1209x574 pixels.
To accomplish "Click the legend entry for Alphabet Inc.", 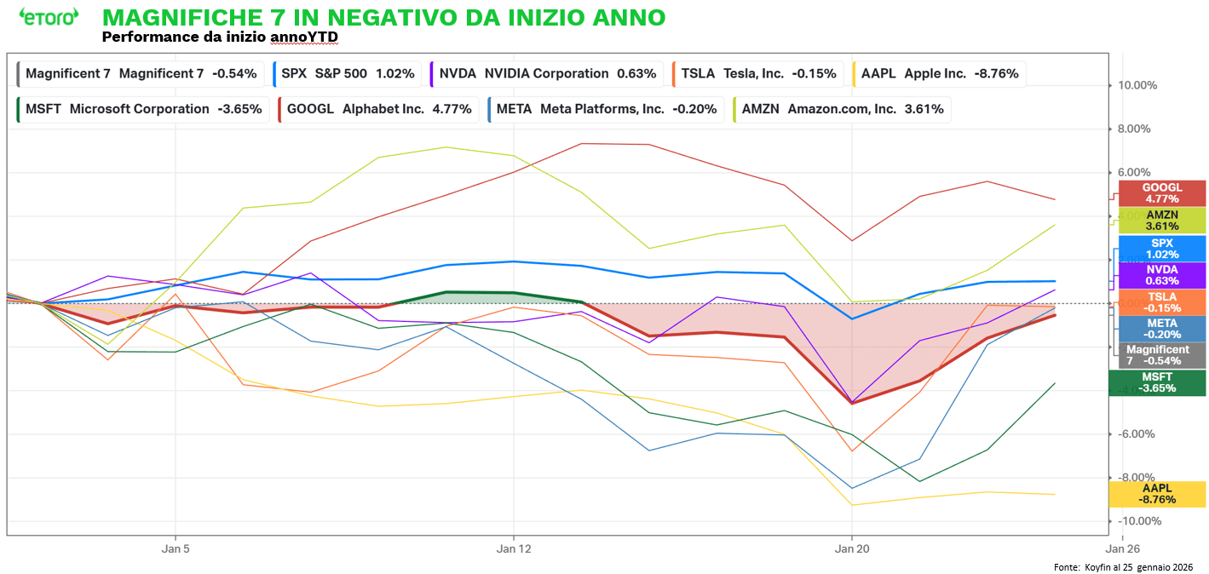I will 378,109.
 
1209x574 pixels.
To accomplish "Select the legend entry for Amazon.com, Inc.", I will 843,109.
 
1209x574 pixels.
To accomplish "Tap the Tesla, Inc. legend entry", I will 758,74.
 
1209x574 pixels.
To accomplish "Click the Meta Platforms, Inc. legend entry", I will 605,109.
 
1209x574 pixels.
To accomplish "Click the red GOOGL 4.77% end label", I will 1161,193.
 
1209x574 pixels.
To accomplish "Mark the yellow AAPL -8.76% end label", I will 1157,494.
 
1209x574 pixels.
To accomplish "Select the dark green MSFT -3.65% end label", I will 1157,382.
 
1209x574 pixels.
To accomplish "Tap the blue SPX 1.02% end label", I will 1161,249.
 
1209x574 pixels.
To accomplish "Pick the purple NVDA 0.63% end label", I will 1161,275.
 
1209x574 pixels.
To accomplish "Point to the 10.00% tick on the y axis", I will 1137,85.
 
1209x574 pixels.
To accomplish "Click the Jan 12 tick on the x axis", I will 513,549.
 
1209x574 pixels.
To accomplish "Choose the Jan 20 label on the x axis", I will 851,549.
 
